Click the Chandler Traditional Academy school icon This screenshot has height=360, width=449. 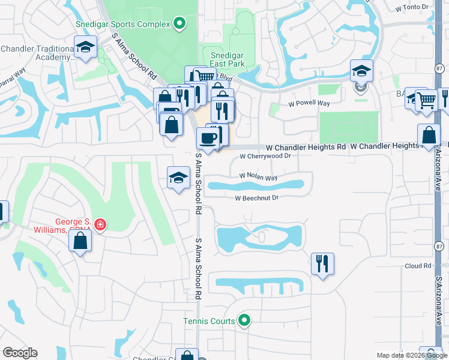click(85, 47)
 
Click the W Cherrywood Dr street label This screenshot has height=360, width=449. click(265, 156)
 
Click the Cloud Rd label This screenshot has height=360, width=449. click(418, 266)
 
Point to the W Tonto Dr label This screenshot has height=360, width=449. click(414, 7)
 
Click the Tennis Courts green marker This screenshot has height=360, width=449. click(243, 321)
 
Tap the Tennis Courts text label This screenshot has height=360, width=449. click(209, 322)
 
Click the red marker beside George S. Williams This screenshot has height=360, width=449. click(101, 225)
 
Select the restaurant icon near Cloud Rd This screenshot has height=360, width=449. click(322, 263)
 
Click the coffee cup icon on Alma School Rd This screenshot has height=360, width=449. click(208, 139)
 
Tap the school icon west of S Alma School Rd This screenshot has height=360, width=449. click(178, 178)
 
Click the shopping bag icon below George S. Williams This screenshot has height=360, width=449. click(80, 241)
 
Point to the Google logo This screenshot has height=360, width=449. click(20, 353)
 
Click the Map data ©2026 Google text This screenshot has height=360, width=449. click(411, 355)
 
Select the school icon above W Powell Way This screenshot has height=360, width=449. click(362, 71)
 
